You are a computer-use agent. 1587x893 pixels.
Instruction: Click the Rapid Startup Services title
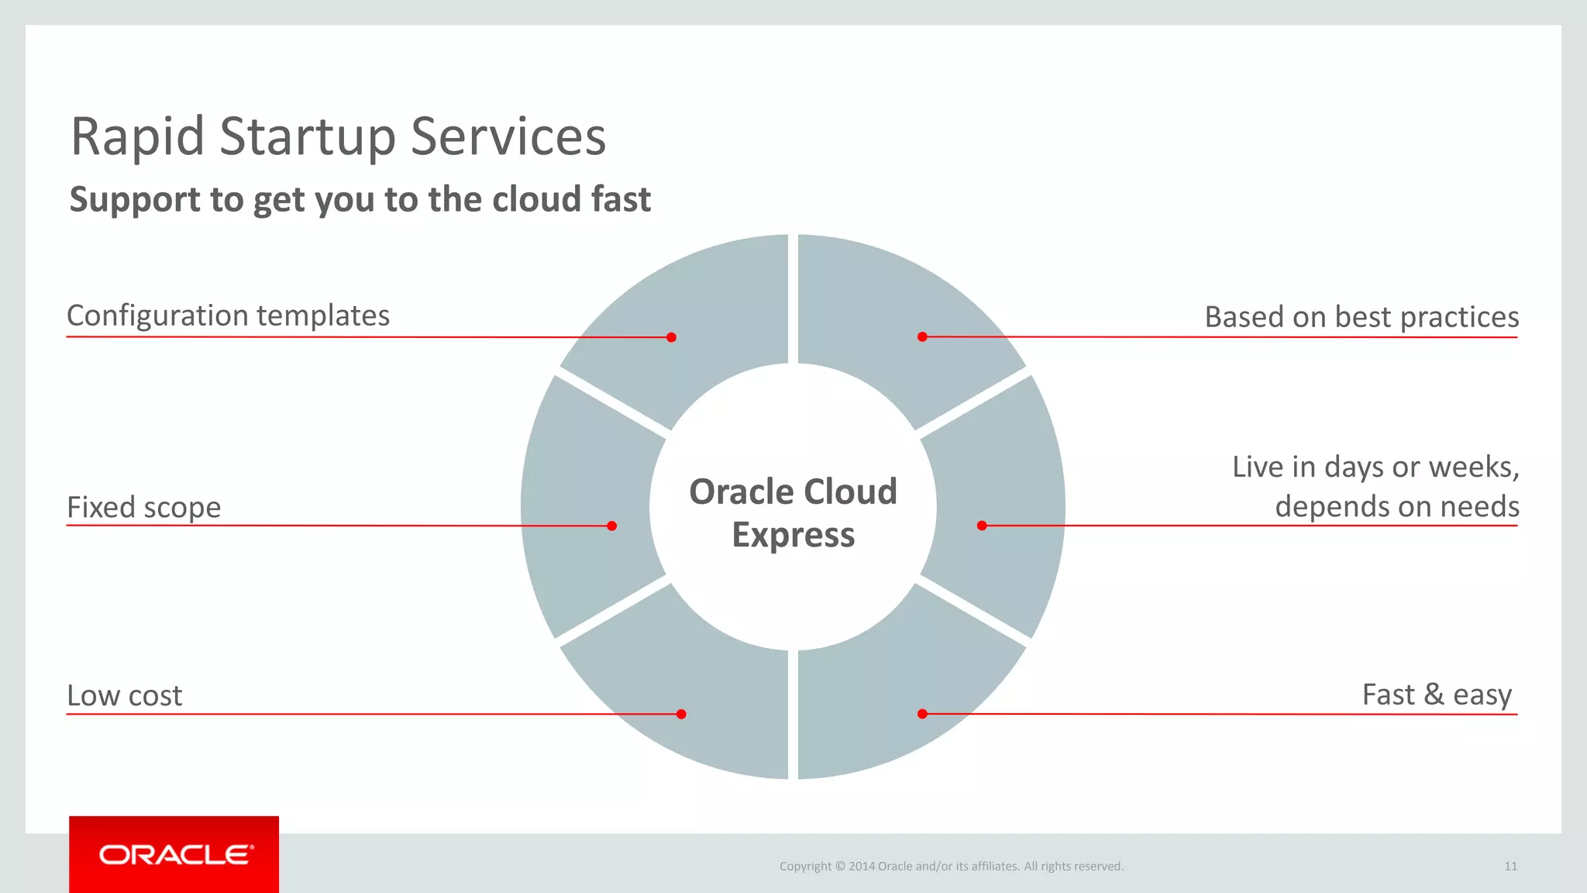click(338, 137)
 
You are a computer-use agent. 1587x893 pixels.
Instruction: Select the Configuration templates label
click(228, 316)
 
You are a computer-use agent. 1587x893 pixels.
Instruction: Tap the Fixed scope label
click(144, 508)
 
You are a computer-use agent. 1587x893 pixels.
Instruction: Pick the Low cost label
click(125, 696)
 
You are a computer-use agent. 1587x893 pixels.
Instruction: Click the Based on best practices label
click(1362, 318)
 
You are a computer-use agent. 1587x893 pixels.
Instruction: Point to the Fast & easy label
click(1437, 695)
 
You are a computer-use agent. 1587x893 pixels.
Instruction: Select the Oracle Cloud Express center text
click(793, 513)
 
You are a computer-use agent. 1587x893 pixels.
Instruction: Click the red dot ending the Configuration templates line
click(671, 337)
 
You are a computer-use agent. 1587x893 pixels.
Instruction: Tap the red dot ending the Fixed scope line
click(611, 526)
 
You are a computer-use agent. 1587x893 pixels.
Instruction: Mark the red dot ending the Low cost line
click(681, 714)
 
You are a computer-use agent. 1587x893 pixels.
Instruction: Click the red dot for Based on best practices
click(922, 336)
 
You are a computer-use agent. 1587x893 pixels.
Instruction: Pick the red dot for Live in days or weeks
click(982, 526)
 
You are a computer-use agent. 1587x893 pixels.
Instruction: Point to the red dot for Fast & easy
click(922, 714)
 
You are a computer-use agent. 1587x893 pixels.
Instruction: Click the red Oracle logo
click(174, 854)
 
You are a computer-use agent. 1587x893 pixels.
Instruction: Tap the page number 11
click(1510, 867)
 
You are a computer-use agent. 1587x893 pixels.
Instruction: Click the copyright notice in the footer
click(951, 867)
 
